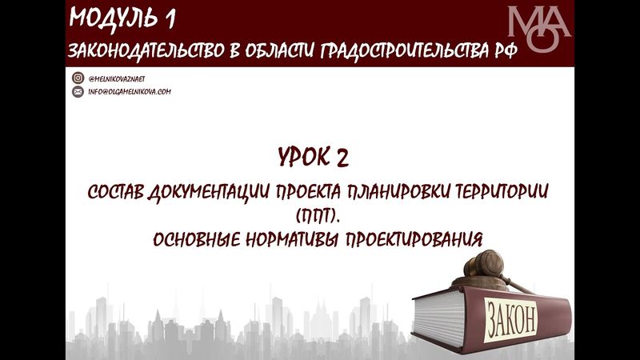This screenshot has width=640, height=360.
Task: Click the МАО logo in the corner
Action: (x=539, y=30)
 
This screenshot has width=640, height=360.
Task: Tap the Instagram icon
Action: (x=78, y=78)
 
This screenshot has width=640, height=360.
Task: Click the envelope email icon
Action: (x=78, y=92)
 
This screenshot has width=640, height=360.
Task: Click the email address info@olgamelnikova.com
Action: (x=130, y=92)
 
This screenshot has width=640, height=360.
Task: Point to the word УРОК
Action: (x=307, y=158)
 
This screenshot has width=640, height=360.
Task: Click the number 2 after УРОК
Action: (x=343, y=158)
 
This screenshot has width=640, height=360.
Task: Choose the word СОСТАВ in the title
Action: (x=115, y=195)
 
